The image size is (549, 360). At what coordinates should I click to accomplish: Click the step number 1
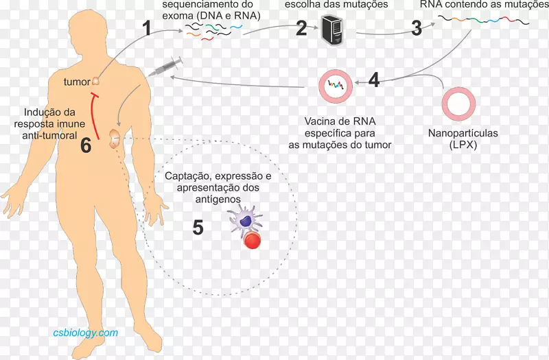pyautogui.click(x=146, y=28)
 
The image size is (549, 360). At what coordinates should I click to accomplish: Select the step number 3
pyautogui.click(x=417, y=28)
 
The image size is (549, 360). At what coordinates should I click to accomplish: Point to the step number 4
pyautogui.click(x=373, y=80)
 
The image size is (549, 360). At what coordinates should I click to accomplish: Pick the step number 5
pyautogui.click(x=198, y=227)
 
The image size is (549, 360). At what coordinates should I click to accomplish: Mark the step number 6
pyautogui.click(x=86, y=145)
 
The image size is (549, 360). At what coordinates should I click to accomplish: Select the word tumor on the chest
pyautogui.click(x=76, y=82)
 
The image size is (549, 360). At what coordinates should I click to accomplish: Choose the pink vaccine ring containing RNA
pyautogui.click(x=336, y=86)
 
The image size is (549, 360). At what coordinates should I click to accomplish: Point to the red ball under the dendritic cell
pyautogui.click(x=252, y=240)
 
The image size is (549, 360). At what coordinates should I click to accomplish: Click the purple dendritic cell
pyautogui.click(x=246, y=220)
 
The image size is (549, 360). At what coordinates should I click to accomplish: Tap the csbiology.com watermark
pyautogui.click(x=86, y=333)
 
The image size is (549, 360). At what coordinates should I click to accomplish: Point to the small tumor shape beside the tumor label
pyautogui.click(x=96, y=82)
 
